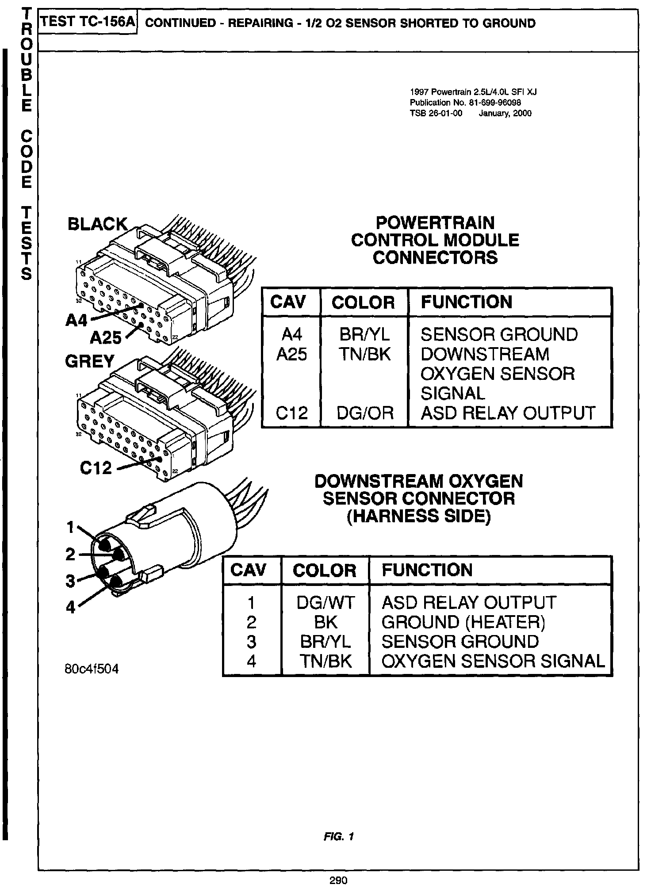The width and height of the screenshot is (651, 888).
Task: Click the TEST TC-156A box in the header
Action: [88, 22]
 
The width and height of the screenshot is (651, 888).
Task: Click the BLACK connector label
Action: [97, 224]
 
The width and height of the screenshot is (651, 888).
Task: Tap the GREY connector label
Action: [90, 361]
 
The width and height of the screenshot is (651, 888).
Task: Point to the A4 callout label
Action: [77, 320]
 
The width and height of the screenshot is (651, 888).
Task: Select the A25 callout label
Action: [105, 338]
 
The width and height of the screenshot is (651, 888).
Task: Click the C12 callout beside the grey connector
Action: [96, 468]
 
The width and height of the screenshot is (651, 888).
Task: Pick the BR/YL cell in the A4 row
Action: [364, 334]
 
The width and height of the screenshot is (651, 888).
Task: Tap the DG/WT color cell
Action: [325, 602]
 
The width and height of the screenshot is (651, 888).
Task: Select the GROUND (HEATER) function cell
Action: [463, 622]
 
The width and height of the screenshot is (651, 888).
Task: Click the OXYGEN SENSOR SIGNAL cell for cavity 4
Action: [493, 661]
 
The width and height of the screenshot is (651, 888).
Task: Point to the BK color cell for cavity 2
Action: [325, 622]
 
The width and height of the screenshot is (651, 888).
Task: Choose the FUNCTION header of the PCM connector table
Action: [466, 302]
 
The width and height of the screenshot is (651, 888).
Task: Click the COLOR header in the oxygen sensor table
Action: [324, 570]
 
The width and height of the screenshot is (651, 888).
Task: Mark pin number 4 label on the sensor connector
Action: [70, 607]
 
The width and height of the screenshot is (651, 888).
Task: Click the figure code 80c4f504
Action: [92, 669]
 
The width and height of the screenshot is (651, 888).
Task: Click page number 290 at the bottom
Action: [338, 880]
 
